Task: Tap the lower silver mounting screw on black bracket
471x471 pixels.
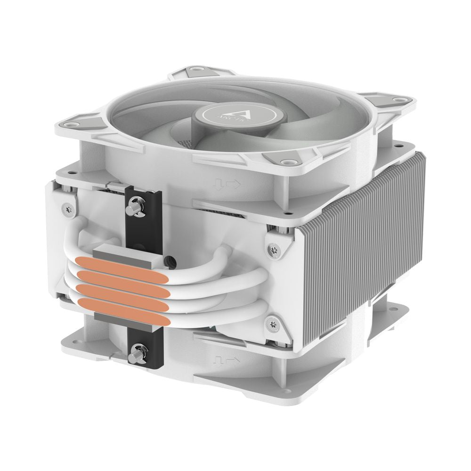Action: click(x=137, y=351)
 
